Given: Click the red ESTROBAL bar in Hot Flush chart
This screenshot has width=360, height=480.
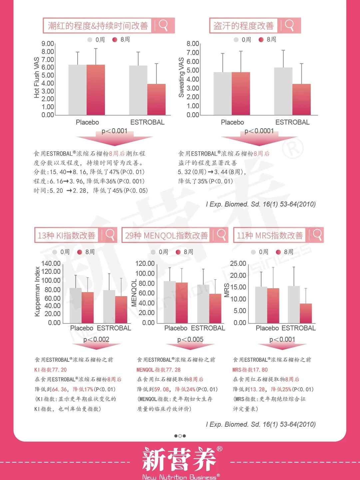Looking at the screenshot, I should point(157,100).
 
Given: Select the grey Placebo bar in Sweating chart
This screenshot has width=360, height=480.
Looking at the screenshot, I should point(222,94).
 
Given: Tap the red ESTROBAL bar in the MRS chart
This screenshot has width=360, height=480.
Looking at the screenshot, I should point(306,313).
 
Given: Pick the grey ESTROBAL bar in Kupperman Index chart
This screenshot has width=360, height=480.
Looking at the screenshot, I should point(109,306).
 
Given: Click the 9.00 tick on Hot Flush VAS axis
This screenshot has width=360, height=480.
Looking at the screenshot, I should point(48,44).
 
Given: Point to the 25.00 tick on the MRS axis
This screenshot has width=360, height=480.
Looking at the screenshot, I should point(238,263).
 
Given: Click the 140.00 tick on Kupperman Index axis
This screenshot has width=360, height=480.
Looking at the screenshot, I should point(51,263).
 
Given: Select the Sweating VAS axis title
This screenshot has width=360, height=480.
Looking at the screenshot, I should point(181,77).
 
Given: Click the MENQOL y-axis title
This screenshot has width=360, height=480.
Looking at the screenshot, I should point(134,293).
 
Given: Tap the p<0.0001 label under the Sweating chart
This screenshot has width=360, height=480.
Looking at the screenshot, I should point(259,131).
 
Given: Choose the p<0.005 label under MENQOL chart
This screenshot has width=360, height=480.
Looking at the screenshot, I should point(190,339).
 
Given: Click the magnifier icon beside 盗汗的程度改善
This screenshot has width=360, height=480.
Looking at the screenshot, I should point(289,25).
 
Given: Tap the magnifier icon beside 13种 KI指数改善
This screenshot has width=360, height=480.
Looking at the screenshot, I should point(110,235).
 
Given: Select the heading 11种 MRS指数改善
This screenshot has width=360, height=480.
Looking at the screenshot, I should point(270,236).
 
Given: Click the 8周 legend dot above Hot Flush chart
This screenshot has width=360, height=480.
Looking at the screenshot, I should point(115,40).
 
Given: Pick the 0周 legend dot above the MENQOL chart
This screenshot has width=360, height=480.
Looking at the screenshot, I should point(153,252).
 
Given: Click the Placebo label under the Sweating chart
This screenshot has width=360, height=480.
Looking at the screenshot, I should point(232,122).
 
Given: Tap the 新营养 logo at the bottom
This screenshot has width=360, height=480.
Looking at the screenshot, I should point(180,459).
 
